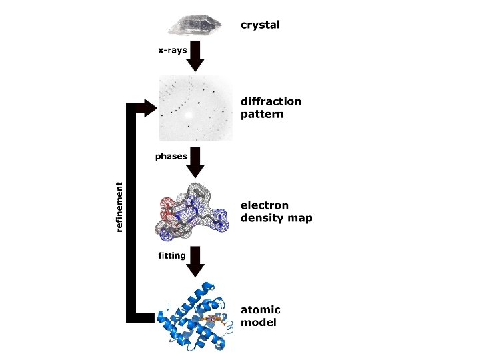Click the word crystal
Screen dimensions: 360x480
point(260,25)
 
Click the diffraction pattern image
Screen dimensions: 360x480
point(195,107)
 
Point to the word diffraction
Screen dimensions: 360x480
point(271,101)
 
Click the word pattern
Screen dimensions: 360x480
point(262,114)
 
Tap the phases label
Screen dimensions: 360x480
point(170,156)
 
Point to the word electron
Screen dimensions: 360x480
point(266,205)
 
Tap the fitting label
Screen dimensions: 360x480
point(172,255)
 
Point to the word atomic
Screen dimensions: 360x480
point(261,310)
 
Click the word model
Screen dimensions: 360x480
point(259,323)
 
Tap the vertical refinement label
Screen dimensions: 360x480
point(120,207)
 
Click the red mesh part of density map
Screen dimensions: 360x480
point(164,212)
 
